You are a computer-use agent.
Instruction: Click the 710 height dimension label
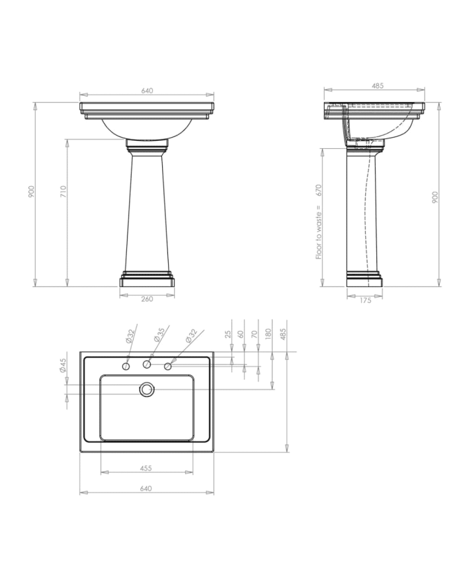point(62,192)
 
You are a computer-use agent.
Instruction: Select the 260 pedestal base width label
point(147,299)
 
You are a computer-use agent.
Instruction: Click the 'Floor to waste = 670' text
point(319,222)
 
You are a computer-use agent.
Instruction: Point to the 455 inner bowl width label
point(146,468)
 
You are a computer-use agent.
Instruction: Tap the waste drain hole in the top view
point(146,390)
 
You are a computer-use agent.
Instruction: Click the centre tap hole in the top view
point(147,365)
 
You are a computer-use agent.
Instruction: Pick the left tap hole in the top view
point(126,366)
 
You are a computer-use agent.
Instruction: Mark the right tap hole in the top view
point(168,366)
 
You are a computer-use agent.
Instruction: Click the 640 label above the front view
point(147,91)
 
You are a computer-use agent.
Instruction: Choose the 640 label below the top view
point(146,488)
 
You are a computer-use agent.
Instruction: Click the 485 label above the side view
point(378,85)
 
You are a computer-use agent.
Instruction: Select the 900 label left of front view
point(30,192)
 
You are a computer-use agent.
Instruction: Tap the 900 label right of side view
point(435,197)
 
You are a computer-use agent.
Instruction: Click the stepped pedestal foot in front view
point(147,280)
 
